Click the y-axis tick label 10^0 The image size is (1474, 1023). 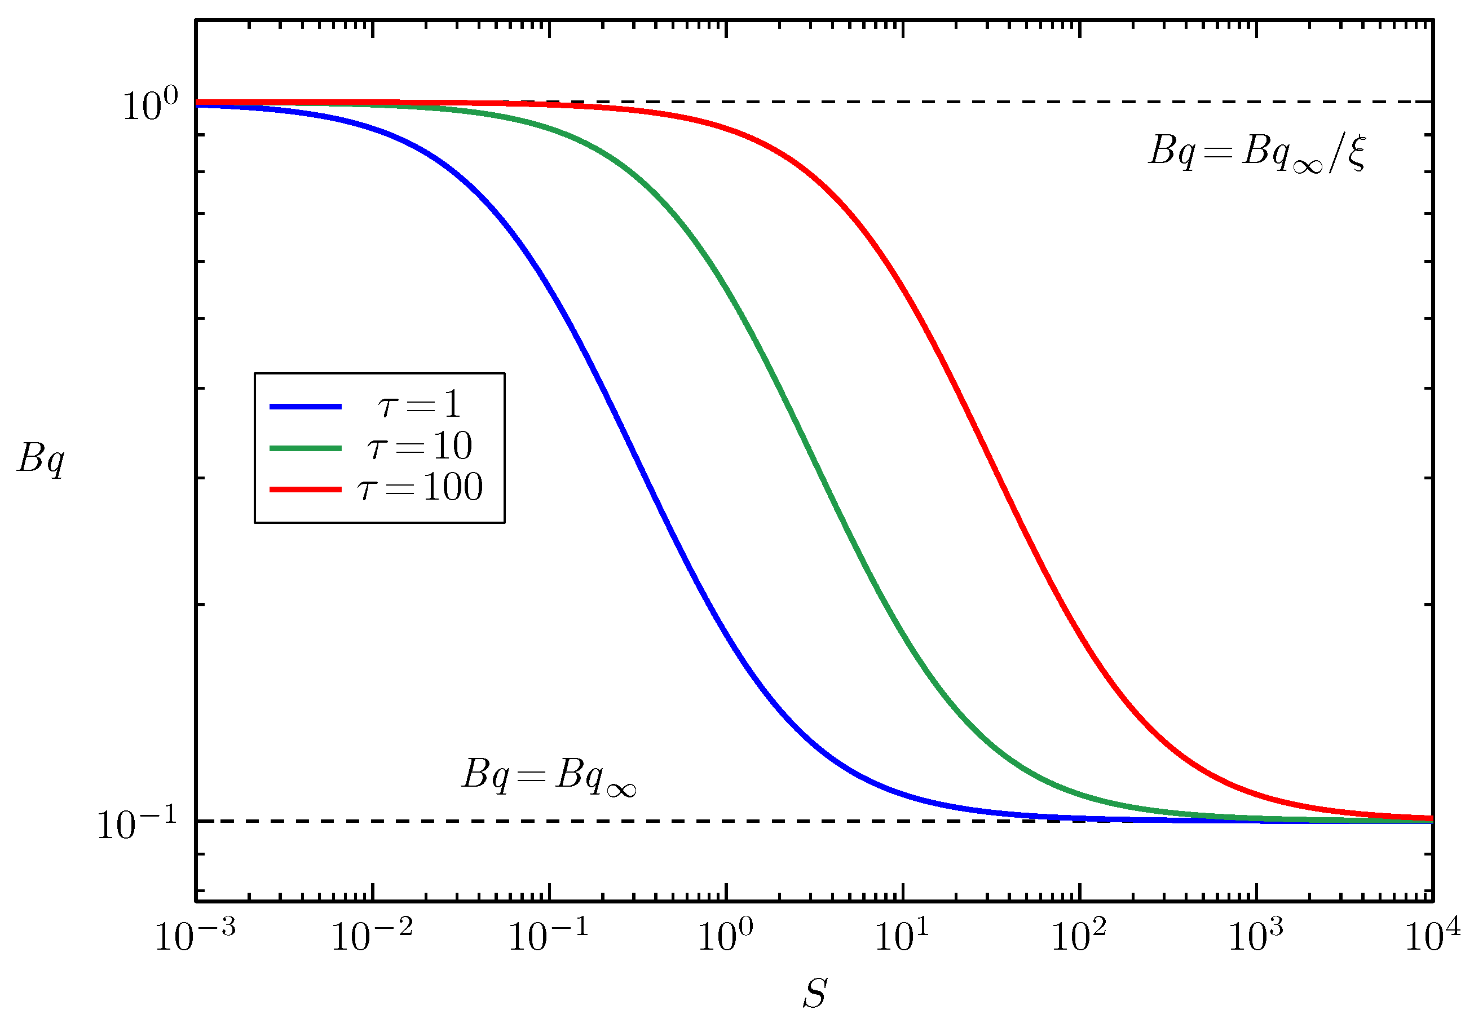tap(150, 105)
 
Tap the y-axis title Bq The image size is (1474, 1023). tap(41, 459)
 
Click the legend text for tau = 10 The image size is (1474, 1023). tap(419, 446)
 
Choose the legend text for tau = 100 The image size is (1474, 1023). tap(419, 487)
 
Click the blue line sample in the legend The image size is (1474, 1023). tap(305, 407)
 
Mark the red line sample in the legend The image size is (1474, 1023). tap(305, 489)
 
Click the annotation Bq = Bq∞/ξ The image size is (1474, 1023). tap(1256, 153)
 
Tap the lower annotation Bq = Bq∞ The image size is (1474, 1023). tap(549, 777)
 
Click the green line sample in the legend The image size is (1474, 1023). tap(305, 448)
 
